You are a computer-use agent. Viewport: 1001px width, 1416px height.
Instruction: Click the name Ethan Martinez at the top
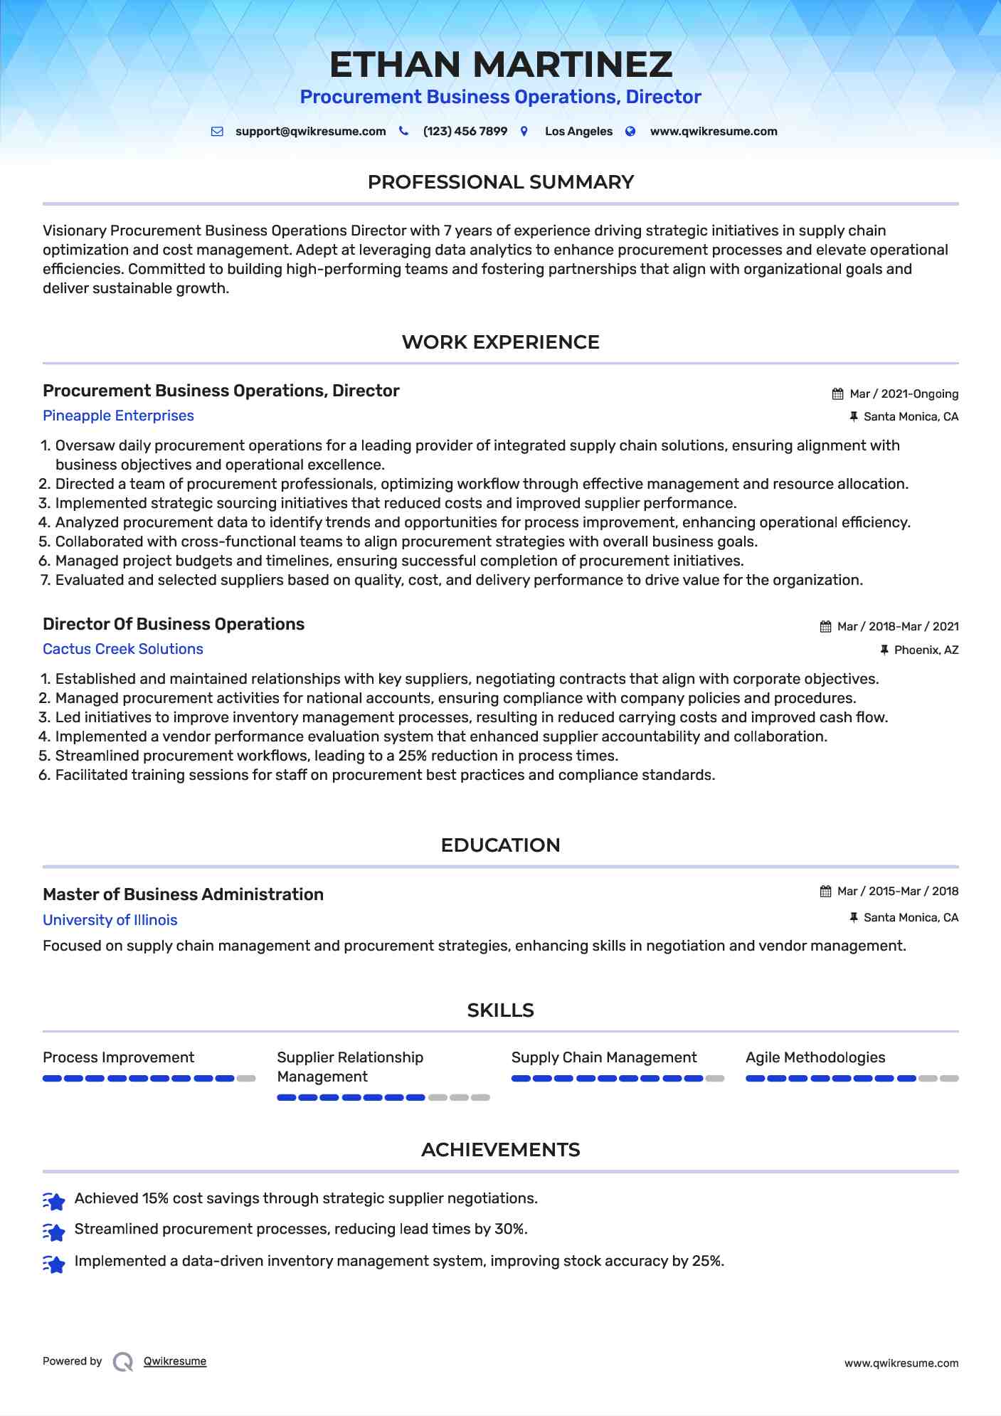[x=500, y=65]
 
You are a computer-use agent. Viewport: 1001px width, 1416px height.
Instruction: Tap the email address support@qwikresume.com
[x=310, y=132]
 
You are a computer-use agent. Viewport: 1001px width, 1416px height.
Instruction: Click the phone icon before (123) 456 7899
[x=403, y=131]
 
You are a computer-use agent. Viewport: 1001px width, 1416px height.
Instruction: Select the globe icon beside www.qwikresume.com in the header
[x=630, y=131]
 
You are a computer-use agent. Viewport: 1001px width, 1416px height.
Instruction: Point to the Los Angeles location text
[x=578, y=132]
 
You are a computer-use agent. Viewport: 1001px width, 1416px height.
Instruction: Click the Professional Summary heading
[x=500, y=182]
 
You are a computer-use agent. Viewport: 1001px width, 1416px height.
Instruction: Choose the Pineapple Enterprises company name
[x=118, y=416]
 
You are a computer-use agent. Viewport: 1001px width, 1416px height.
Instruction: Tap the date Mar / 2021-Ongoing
[x=904, y=394]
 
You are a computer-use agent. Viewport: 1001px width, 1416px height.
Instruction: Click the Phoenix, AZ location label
[x=926, y=650]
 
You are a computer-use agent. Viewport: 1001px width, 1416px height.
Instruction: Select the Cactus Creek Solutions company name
[x=122, y=649]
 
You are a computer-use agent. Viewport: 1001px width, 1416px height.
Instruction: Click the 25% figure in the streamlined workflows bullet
[x=412, y=756]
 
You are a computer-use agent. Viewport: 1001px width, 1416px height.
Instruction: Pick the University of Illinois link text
[x=110, y=920]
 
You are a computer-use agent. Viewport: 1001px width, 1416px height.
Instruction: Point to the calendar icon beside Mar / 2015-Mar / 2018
[x=825, y=892]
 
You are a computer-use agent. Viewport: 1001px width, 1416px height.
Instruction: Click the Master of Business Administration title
[x=183, y=894]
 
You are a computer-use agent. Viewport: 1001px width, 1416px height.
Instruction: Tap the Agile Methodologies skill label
[x=815, y=1057]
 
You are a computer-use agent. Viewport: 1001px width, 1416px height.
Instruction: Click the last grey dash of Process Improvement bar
[x=246, y=1079]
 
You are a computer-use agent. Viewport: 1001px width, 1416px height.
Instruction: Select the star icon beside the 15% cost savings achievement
[x=54, y=1201]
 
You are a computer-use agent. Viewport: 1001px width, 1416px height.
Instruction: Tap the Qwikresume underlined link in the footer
[x=175, y=1361]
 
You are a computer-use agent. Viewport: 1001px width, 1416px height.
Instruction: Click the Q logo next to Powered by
[x=123, y=1362]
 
